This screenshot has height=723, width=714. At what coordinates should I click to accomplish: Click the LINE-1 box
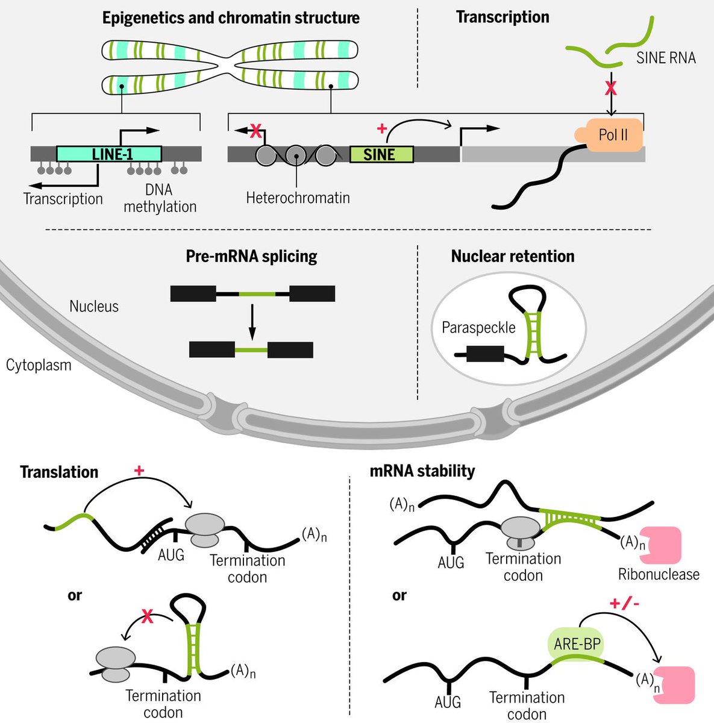coord(109,154)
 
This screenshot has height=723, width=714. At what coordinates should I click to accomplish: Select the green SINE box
coord(382,154)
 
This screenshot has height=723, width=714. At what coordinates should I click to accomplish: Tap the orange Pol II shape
coord(610,135)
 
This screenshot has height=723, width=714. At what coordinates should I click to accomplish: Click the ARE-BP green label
coord(577,644)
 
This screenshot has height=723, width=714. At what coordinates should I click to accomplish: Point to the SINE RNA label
coord(666,58)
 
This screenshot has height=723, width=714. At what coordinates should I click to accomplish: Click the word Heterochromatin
coord(298,198)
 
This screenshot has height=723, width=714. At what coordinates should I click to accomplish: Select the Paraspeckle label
coord(478,328)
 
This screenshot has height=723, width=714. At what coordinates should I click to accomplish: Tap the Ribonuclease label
coord(659,574)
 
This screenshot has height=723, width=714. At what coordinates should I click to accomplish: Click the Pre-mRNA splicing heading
coord(251,257)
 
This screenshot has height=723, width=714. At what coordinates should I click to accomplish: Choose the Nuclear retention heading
coord(513,256)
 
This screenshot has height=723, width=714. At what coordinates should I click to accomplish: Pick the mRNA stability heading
coord(422,471)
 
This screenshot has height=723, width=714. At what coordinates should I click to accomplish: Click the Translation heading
coord(59,472)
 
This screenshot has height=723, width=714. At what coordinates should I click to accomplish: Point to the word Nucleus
coord(94,307)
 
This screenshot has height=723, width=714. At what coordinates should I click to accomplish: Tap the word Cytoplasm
coord(39,365)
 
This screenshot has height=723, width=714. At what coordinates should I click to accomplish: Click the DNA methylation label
coord(160,198)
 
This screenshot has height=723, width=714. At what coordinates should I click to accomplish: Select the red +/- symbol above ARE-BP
coord(624,604)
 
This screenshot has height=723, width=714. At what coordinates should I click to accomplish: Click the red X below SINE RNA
coord(611,88)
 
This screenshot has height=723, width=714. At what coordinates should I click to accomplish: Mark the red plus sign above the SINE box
coord(382,128)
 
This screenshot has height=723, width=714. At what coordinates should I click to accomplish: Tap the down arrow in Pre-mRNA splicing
coord(252,322)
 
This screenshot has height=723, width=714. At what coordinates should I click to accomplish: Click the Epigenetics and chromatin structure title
coord(231,18)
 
